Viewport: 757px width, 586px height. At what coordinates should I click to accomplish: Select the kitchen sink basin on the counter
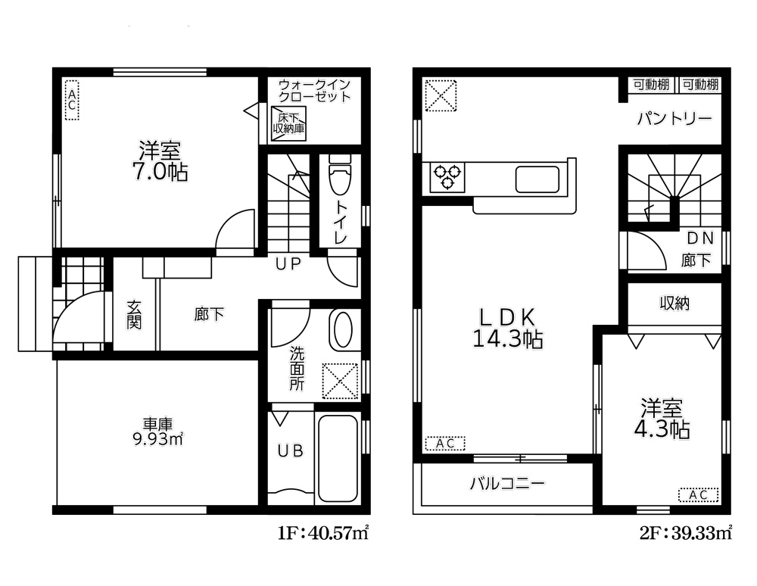[x=537, y=179]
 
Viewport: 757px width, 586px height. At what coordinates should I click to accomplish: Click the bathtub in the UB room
[x=338, y=458]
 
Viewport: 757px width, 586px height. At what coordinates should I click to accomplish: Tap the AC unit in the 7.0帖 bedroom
[x=71, y=99]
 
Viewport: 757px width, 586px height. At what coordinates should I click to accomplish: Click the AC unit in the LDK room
[x=445, y=444]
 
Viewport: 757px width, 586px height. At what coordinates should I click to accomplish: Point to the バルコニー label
[x=507, y=484]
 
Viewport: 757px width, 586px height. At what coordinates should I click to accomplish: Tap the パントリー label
[x=674, y=119]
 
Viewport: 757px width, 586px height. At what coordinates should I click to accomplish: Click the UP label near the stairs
[x=288, y=263]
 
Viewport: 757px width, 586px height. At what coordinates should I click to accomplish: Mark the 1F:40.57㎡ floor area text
[x=323, y=534]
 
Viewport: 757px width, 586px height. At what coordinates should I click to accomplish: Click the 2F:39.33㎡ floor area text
[x=687, y=534]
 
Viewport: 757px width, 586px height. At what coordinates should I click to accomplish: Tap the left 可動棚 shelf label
[x=651, y=85]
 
